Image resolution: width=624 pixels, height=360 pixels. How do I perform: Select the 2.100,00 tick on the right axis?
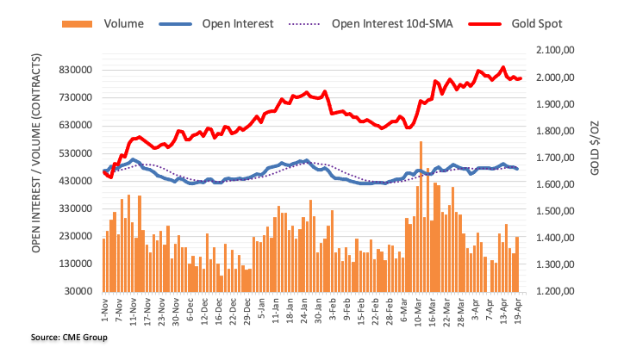556,51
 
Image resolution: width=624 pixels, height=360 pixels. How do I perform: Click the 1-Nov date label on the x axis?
104,310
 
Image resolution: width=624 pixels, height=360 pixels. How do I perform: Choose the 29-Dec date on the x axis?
247,310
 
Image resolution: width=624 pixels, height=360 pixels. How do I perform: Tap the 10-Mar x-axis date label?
421,310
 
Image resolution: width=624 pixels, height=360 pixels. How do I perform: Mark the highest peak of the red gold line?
503,66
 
